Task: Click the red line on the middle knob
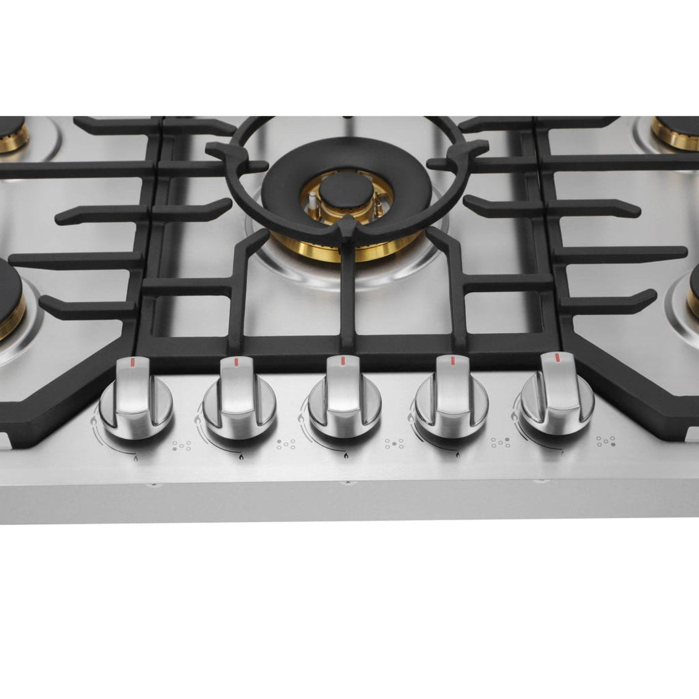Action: [x=343, y=360]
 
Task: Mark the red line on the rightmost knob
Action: [x=556, y=357]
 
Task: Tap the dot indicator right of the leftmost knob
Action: [x=181, y=445]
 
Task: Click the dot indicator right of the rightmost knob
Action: [x=606, y=441]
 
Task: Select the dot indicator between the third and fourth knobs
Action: [x=394, y=443]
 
